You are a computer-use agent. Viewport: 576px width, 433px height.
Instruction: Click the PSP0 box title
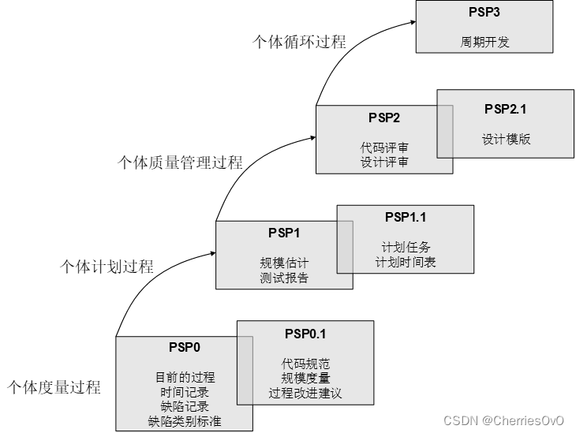pyautogui.click(x=184, y=346)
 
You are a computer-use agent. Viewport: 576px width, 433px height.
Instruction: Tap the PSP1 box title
pyautogui.click(x=284, y=233)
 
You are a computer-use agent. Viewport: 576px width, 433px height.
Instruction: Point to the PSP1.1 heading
pyautogui.click(x=406, y=217)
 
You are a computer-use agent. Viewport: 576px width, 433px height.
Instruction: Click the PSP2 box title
pyautogui.click(x=384, y=118)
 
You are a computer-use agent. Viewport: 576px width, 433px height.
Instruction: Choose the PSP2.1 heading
pyautogui.click(x=506, y=108)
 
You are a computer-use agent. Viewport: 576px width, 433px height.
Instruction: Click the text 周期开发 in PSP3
pyautogui.click(x=485, y=42)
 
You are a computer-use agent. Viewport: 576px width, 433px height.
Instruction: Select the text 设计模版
pyautogui.click(x=506, y=140)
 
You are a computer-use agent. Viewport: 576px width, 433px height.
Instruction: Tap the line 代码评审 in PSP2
pyautogui.click(x=384, y=147)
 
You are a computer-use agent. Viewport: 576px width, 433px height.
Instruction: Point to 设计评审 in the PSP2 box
pyautogui.click(x=384, y=162)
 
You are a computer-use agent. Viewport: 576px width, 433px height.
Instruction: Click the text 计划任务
pyautogui.click(x=406, y=247)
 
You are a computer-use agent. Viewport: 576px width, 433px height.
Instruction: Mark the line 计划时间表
pyautogui.click(x=406, y=262)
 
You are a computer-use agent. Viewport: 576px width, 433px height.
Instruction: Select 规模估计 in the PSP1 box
pyautogui.click(x=284, y=263)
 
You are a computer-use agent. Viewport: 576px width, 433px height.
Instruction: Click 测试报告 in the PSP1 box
pyautogui.click(x=284, y=278)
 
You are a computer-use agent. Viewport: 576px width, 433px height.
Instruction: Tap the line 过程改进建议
pyautogui.click(x=305, y=393)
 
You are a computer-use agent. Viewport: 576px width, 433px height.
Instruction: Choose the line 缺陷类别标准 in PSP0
pyautogui.click(x=185, y=421)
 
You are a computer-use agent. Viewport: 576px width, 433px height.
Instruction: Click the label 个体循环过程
pyautogui.click(x=299, y=41)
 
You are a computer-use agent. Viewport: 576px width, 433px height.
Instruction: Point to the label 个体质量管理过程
pyautogui.click(x=181, y=162)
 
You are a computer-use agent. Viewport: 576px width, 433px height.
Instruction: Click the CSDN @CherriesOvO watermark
pyautogui.click(x=504, y=420)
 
